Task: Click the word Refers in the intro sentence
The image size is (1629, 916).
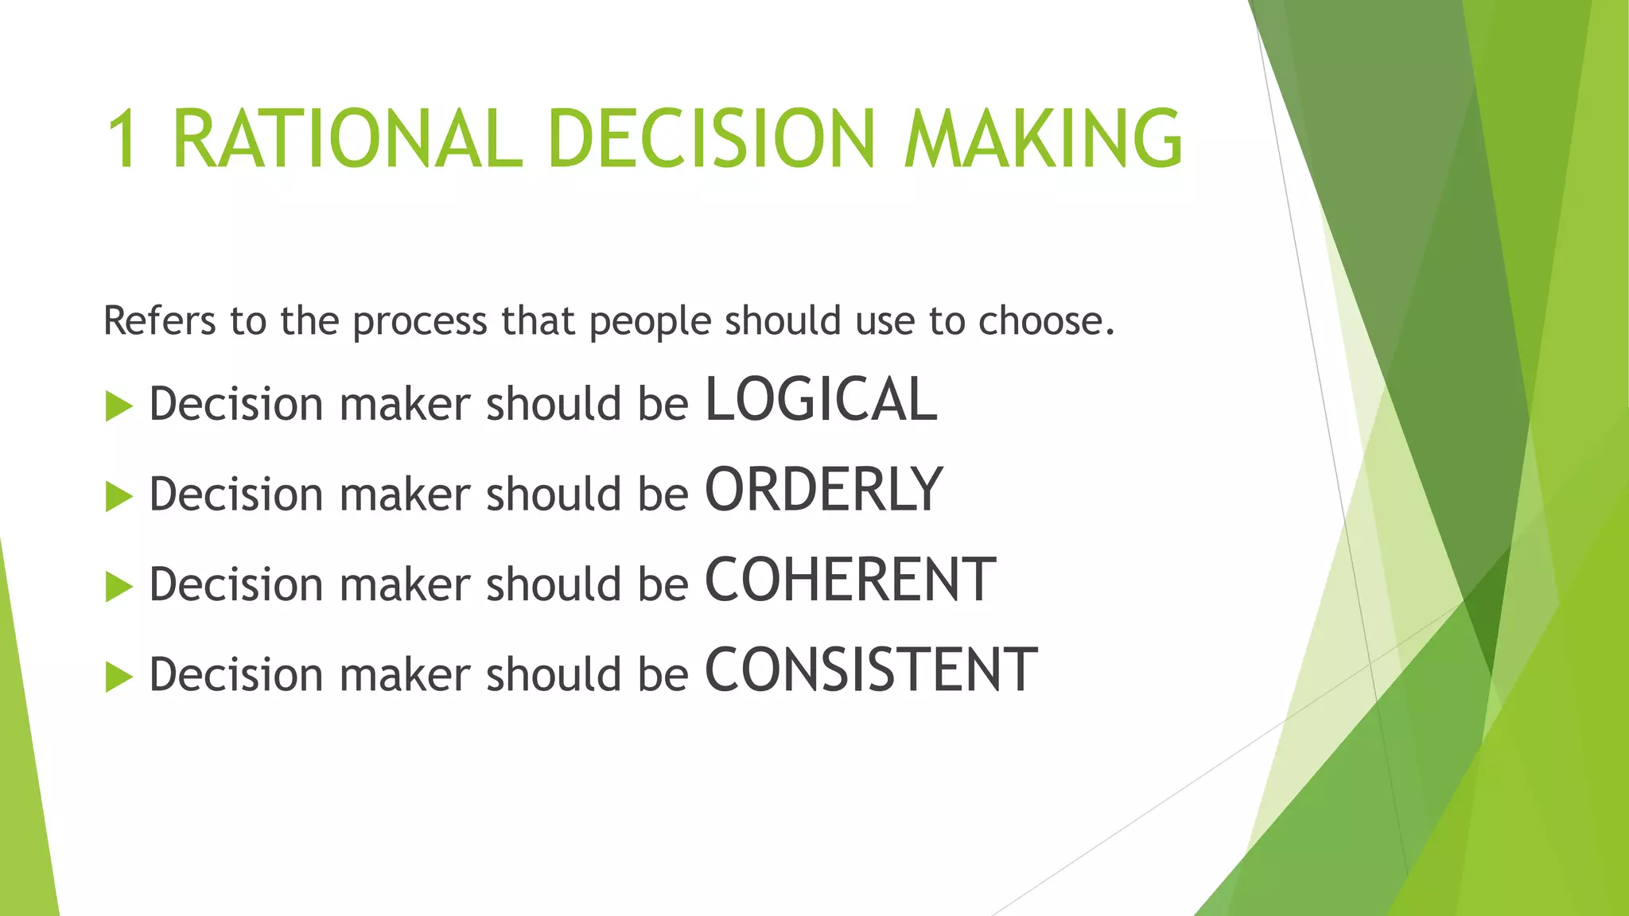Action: click(159, 321)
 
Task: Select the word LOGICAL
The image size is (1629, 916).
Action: click(821, 399)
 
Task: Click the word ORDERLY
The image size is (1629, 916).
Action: click(824, 490)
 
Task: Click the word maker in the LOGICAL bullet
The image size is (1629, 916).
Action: click(405, 404)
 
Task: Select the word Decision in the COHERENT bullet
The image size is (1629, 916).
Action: click(236, 584)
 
